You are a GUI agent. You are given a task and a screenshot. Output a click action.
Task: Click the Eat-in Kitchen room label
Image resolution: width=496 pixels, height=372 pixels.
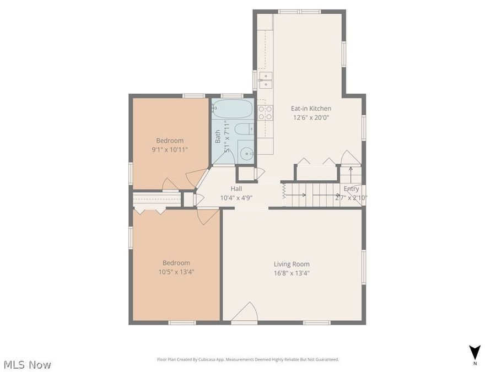(311, 109)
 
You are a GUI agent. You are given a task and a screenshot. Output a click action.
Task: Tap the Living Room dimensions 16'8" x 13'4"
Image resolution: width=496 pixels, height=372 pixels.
(292, 273)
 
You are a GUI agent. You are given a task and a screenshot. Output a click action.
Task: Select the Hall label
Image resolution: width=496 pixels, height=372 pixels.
(236, 189)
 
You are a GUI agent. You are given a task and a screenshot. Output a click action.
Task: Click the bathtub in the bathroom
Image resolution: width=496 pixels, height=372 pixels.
(232, 109)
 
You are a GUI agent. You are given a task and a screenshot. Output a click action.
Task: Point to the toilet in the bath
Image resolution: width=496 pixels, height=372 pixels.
(243, 130)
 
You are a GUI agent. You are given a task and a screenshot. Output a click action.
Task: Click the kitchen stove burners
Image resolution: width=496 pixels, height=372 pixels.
(265, 113)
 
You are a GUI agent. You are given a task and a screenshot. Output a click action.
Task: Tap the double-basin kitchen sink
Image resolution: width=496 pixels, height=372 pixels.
(265, 80)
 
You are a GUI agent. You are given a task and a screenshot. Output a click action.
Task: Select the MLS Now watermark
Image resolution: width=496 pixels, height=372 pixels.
(27, 365)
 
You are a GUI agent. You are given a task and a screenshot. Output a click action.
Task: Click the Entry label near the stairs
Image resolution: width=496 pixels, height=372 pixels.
(351, 189)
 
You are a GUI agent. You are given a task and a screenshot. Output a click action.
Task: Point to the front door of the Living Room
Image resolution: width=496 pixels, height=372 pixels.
(244, 313)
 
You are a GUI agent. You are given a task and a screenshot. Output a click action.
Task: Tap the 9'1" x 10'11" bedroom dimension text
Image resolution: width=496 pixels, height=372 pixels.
(170, 149)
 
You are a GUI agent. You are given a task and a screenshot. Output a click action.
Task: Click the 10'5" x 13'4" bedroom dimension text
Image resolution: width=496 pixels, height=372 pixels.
(176, 272)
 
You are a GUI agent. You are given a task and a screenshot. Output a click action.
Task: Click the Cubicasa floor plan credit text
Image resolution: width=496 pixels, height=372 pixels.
(248, 359)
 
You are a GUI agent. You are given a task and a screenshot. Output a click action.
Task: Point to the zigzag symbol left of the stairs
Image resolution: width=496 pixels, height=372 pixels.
(283, 192)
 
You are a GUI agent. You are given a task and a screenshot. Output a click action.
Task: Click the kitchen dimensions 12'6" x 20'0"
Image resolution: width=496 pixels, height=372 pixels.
(311, 117)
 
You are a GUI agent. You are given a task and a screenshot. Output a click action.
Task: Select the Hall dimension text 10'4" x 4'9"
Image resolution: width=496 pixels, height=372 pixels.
(236, 197)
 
